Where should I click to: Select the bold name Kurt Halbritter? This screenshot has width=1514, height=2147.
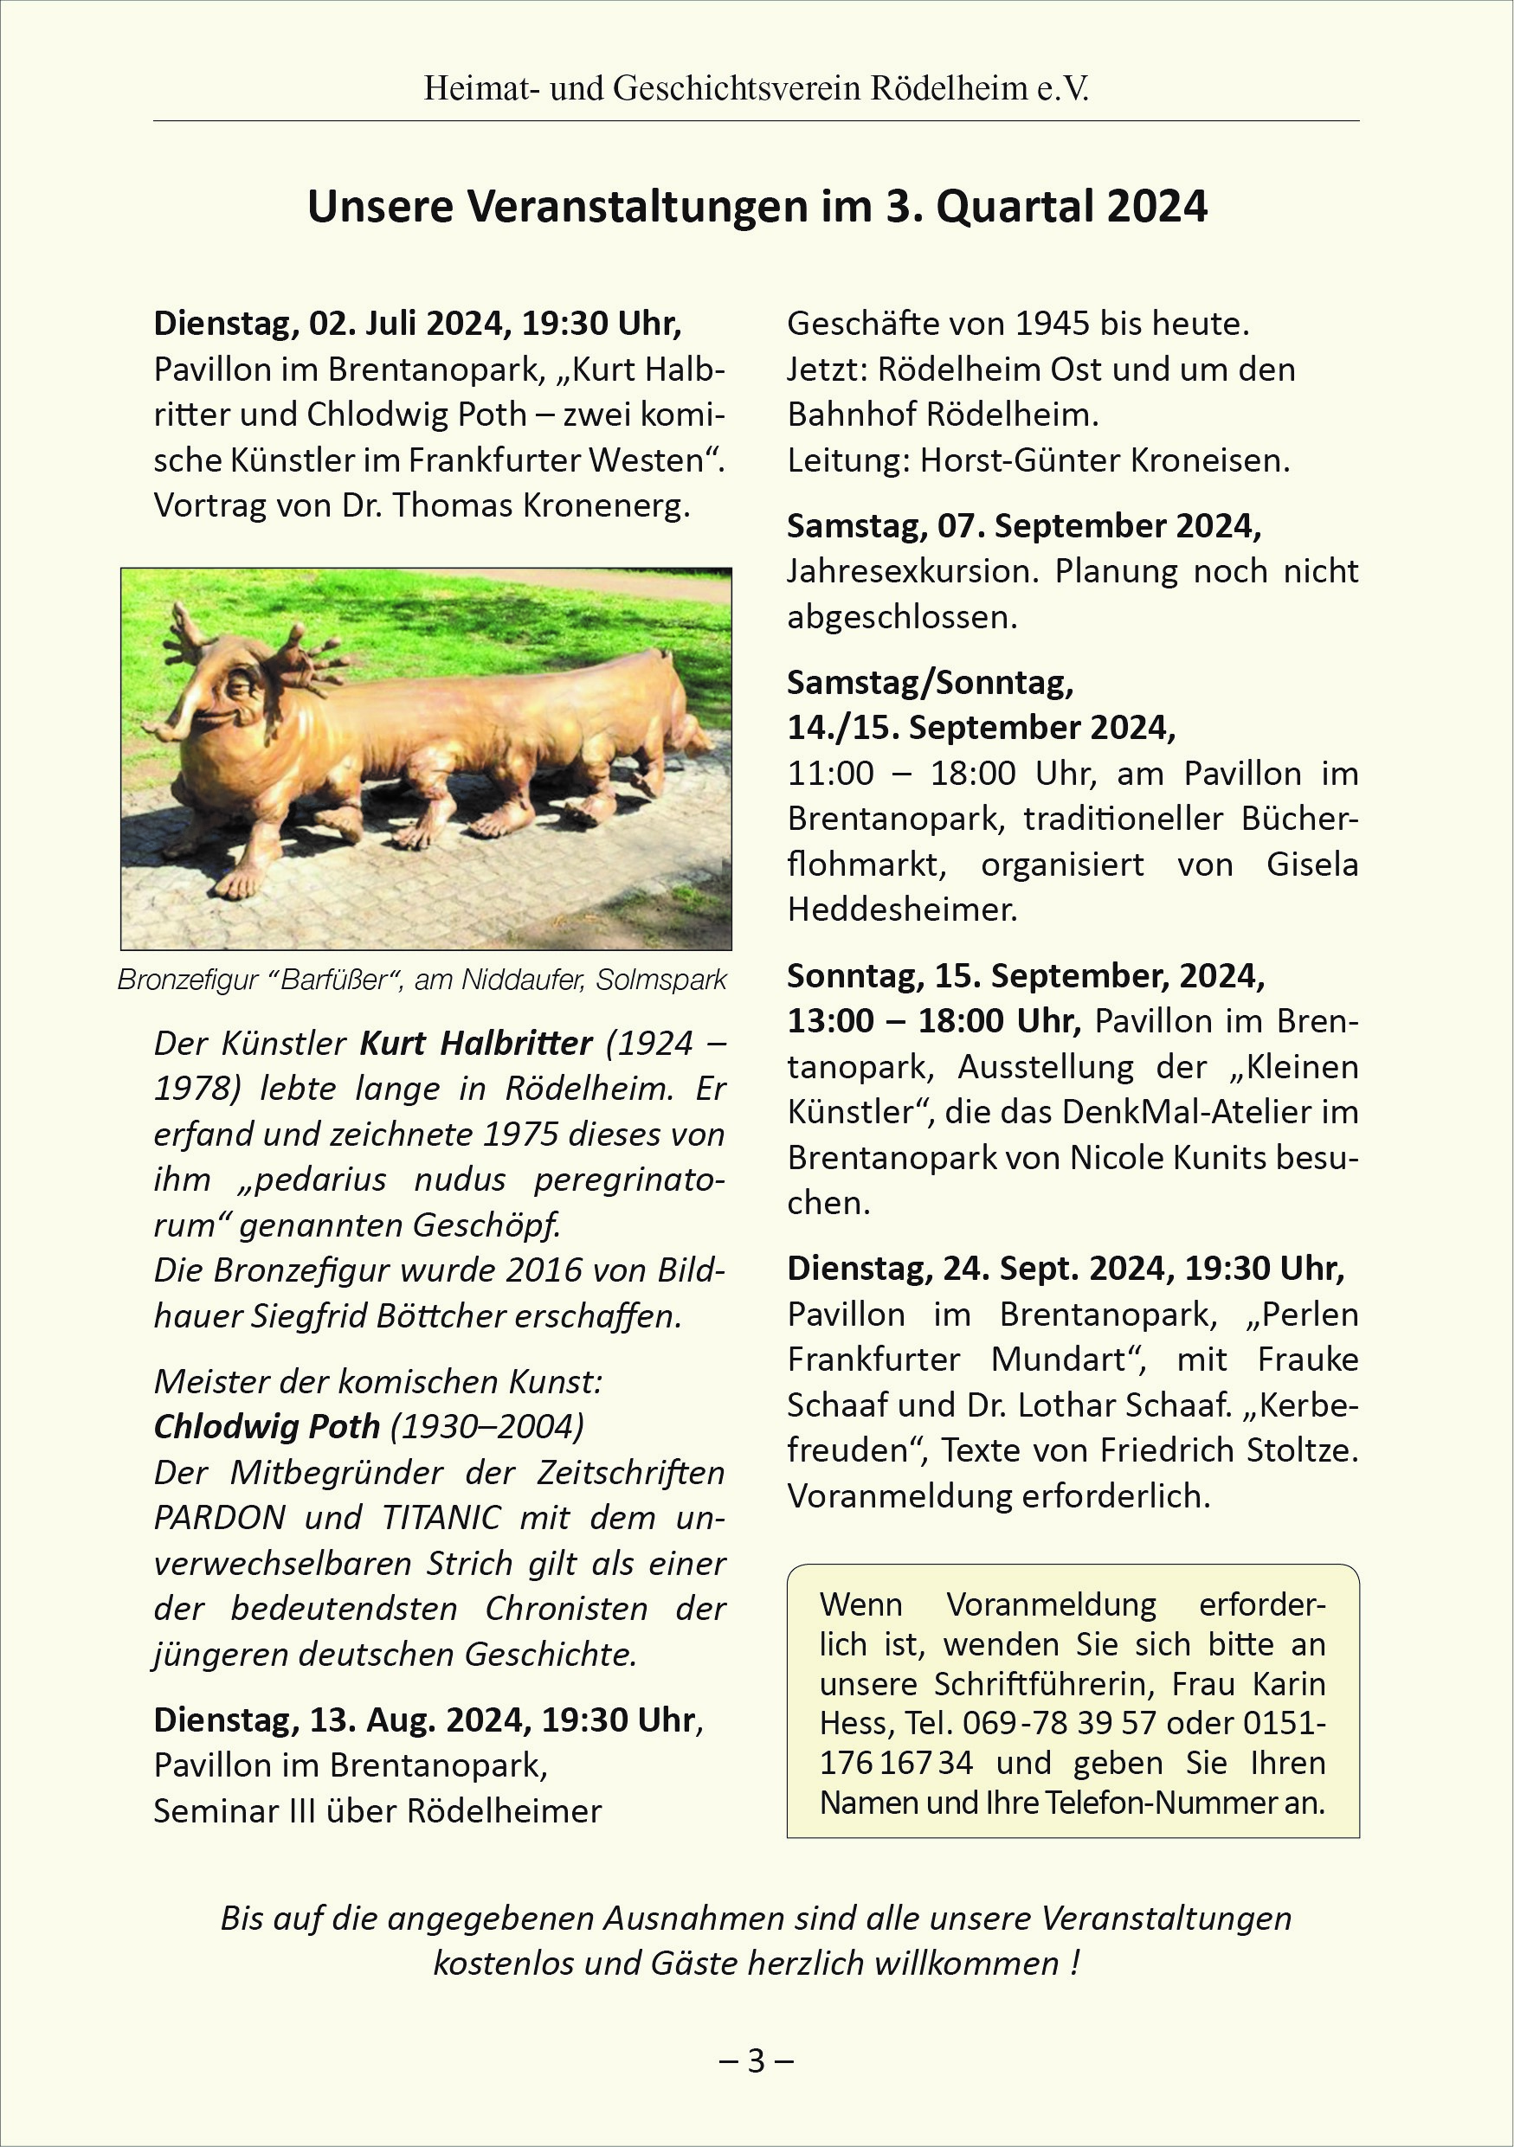pyautogui.click(x=476, y=1043)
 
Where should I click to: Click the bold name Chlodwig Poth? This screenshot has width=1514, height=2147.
pyautogui.click(x=267, y=1427)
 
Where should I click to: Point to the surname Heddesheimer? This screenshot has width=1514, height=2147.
pyautogui.click(x=901, y=909)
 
